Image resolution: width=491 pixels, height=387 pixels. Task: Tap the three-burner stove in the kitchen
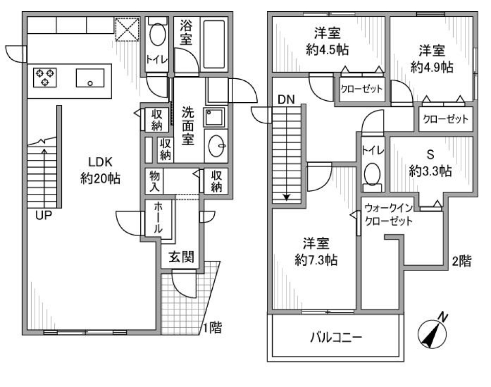tap(45, 77)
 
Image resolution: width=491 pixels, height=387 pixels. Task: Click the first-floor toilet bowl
tap(158, 35)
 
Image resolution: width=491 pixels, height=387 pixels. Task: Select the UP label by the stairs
tap(44, 216)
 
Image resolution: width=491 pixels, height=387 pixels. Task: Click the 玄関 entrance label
tap(182, 258)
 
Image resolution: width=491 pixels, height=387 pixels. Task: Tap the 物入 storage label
tap(154, 181)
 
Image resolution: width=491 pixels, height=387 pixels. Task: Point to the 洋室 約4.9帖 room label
tap(432, 58)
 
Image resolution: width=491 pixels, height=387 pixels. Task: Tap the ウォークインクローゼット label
tap(389, 215)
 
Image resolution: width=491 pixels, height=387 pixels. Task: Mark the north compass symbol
tap(432, 332)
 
